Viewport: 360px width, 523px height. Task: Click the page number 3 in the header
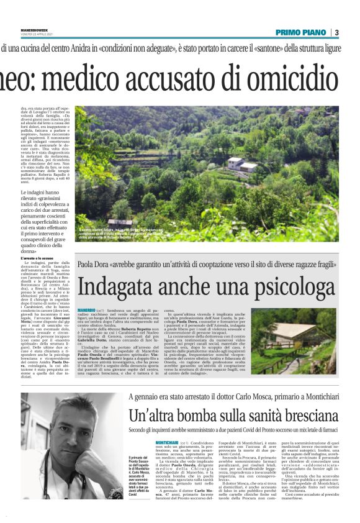[336, 32]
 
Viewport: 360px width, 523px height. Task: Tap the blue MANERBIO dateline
[87, 309]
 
